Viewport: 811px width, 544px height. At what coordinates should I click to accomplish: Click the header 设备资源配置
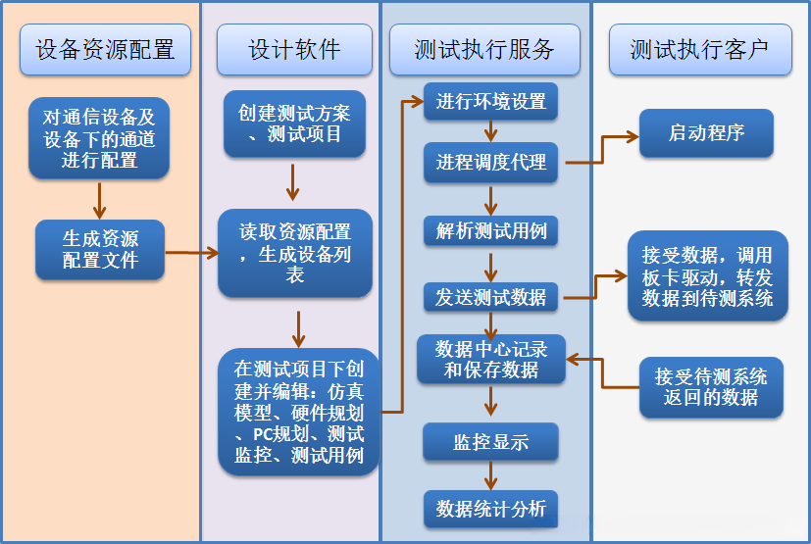[105, 49]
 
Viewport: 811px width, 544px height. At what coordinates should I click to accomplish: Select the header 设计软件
[294, 49]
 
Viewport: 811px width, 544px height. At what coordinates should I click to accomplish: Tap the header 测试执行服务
[484, 49]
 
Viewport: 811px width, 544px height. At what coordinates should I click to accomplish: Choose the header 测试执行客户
[699, 49]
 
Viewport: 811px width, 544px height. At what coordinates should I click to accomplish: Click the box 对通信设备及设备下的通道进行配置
[99, 137]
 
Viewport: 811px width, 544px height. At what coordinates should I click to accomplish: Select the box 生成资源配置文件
[100, 249]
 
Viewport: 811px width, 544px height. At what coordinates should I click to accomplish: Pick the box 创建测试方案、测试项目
[293, 124]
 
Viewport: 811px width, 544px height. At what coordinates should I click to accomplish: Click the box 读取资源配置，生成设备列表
[294, 253]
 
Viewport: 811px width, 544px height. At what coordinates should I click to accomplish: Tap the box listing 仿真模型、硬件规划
[298, 412]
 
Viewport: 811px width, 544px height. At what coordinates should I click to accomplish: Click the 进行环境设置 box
[490, 102]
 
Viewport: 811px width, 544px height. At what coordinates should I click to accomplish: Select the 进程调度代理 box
[490, 163]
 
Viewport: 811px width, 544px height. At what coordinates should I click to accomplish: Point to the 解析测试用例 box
[490, 231]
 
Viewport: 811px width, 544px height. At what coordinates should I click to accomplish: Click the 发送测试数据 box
[490, 297]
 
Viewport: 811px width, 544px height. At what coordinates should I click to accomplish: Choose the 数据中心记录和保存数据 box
[490, 359]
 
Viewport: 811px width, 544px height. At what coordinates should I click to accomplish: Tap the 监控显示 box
[490, 442]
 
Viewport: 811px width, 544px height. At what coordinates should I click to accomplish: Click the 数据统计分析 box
[490, 509]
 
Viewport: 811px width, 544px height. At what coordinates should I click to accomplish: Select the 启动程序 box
[706, 133]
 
